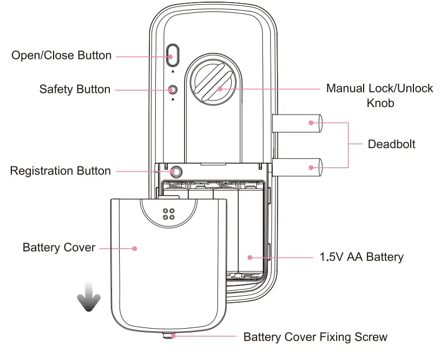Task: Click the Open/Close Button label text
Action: pyautogui.click(x=61, y=56)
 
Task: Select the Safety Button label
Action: pyautogui.click(x=75, y=89)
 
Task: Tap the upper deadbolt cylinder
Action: pyautogui.click(x=298, y=124)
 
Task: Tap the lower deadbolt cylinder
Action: pyautogui.click(x=298, y=167)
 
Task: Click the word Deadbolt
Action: pyautogui.click(x=391, y=144)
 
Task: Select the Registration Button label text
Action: pyautogui.click(x=60, y=171)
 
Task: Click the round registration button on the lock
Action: pyautogui.click(x=176, y=172)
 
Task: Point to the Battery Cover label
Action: pyautogui.click(x=59, y=248)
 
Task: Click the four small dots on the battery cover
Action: pyautogui.click(x=168, y=214)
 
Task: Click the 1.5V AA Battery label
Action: pyautogui.click(x=361, y=257)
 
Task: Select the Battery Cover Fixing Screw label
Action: pyautogui.click(x=315, y=337)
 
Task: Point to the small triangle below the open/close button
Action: pyautogui.click(x=173, y=71)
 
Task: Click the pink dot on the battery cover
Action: pyautogui.click(x=135, y=248)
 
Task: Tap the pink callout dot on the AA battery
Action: pyautogui.click(x=251, y=257)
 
